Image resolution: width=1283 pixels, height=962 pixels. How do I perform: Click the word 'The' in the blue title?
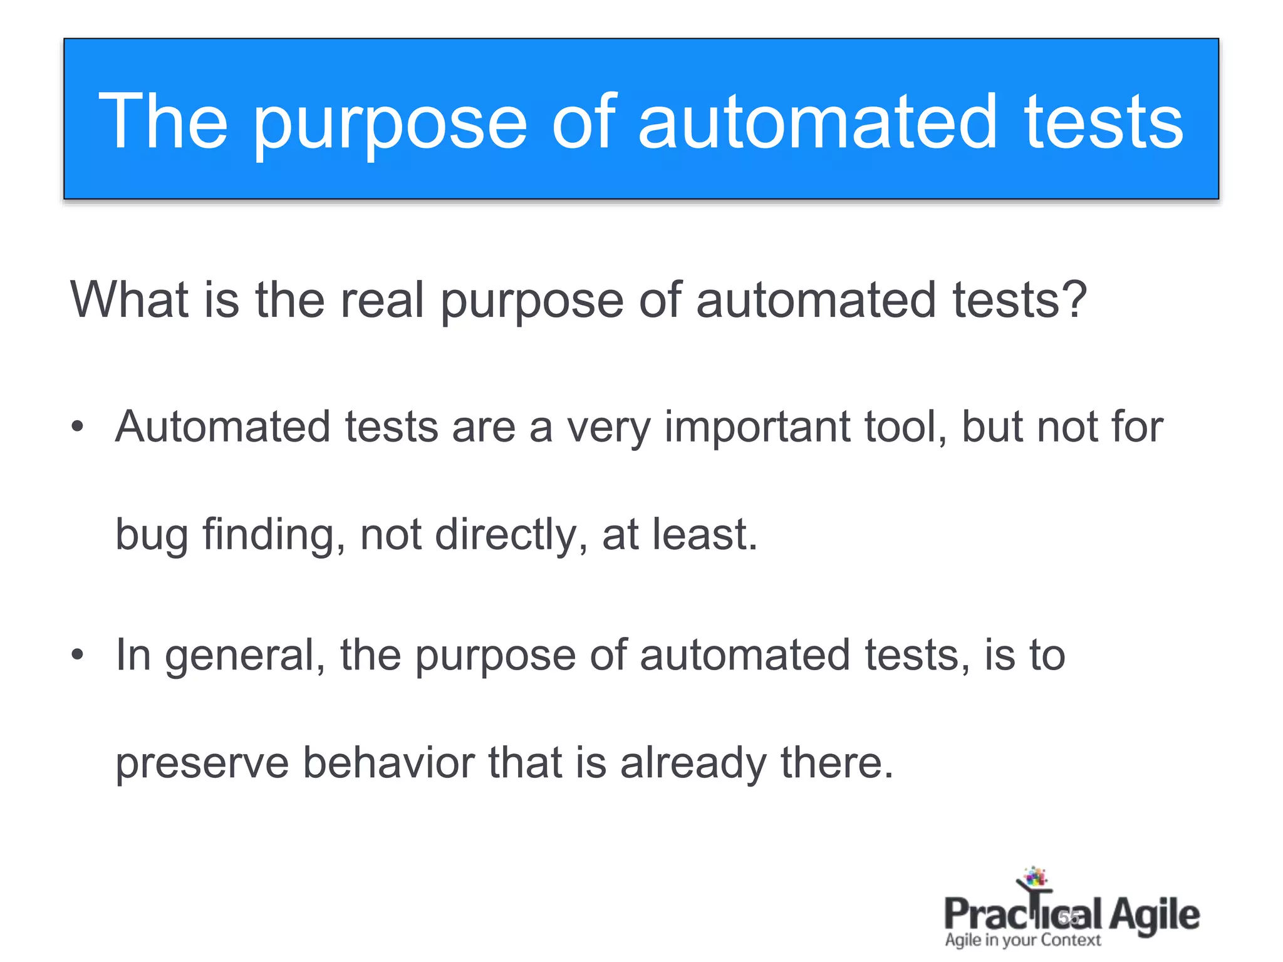163,122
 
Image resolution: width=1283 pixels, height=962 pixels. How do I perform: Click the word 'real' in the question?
382,299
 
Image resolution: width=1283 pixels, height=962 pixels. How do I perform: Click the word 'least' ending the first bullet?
704,535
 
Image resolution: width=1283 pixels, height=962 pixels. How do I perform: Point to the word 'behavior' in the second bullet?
389,763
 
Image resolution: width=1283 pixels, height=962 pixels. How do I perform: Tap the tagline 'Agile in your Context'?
1022,940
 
